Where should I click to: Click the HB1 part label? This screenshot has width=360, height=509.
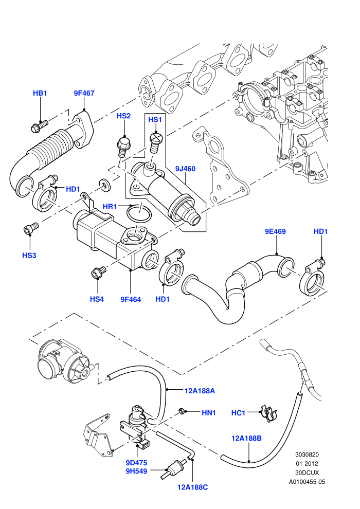coord(40,93)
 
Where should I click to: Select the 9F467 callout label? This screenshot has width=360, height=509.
coord(84,93)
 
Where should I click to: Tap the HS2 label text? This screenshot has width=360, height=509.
coord(123,116)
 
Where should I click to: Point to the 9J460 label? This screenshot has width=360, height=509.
coord(185,169)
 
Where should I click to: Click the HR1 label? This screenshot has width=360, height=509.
coord(110,207)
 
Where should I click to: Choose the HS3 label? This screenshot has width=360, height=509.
coord(29,256)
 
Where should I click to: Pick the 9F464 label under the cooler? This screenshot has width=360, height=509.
coord(131,299)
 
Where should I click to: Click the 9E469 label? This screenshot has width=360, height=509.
coord(275,231)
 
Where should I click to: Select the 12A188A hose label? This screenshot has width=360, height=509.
coord(200,391)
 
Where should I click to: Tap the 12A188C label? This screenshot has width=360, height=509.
coord(193,487)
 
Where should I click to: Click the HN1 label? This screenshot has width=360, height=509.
coord(209,412)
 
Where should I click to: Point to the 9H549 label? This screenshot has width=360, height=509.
coord(136,471)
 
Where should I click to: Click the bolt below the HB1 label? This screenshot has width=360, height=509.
coord(39,126)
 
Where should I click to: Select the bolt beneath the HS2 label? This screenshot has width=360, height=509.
coord(123,147)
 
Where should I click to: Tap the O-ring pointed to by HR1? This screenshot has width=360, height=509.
coord(139,213)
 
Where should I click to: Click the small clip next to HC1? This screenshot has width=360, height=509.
coord(270,413)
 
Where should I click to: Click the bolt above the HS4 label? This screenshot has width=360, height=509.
coord(98,272)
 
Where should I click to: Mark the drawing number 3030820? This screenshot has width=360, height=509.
coord(307,455)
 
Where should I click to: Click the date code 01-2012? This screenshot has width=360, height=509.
coord(307,464)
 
